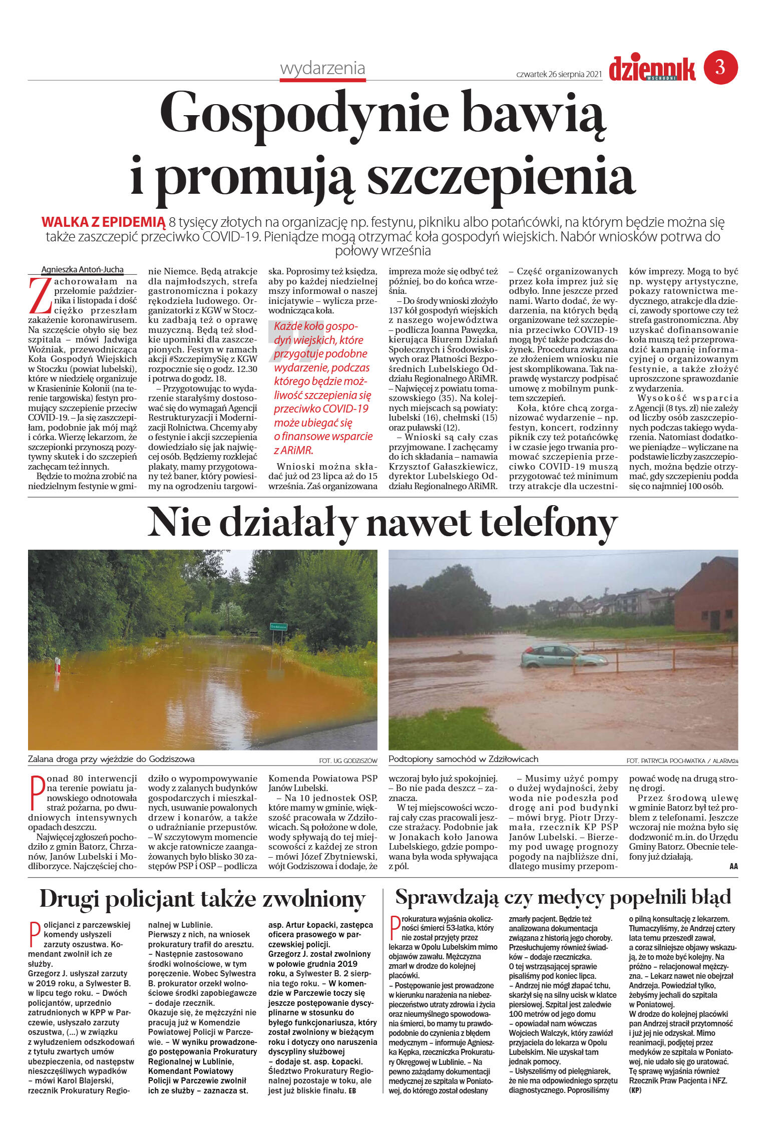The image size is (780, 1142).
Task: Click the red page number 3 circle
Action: click(720, 67)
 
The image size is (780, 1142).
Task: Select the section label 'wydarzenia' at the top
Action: click(322, 69)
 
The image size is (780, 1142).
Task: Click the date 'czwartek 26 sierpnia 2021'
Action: click(558, 74)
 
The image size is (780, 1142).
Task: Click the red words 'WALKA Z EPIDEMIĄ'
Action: click(103, 222)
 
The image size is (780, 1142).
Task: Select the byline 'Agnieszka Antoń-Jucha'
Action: click(82, 269)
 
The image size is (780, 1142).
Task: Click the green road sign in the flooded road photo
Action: click(278, 626)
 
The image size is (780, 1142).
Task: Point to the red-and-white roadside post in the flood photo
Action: click(58, 665)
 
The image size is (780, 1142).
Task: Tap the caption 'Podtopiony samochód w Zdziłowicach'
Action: click(463, 759)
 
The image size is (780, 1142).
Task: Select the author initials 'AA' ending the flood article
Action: click(733, 866)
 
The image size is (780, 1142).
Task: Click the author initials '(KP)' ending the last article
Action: click(635, 1090)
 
